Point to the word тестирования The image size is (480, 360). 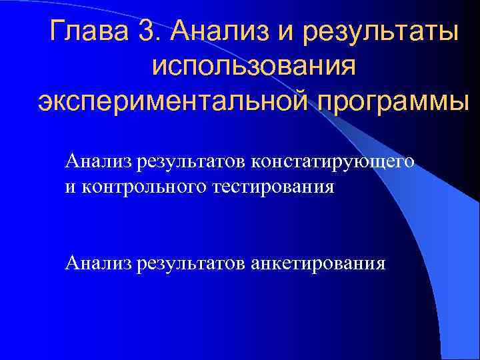273,186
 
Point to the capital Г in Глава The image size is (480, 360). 57,31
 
